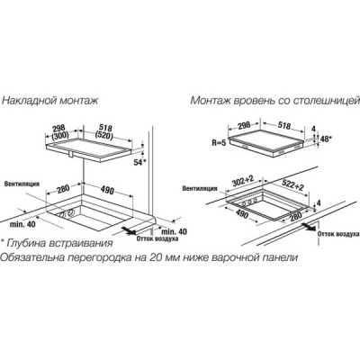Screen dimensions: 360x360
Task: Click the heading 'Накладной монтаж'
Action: tap(50, 100)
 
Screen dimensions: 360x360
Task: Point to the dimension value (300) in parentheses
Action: tap(60, 135)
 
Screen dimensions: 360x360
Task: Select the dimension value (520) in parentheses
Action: tap(104, 135)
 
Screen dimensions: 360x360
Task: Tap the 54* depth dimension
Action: tap(139, 162)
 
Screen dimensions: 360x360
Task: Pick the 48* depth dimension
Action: tap(325, 139)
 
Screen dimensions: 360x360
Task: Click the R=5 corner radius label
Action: tap(219, 143)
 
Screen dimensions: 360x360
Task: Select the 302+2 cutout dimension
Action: tap(242, 181)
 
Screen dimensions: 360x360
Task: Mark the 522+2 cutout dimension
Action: tap(293, 184)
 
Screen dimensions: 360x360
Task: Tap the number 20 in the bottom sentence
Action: tap(155, 257)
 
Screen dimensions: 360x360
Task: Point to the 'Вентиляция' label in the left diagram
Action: tap(22, 184)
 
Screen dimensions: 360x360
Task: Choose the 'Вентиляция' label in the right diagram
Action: tap(200, 188)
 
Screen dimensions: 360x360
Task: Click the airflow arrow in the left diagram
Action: tap(129, 230)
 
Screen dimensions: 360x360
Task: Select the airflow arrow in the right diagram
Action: tap(309, 226)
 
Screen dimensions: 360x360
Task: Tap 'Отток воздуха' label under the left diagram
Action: tap(157, 238)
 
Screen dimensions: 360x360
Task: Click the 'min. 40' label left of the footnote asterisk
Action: tap(22, 224)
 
